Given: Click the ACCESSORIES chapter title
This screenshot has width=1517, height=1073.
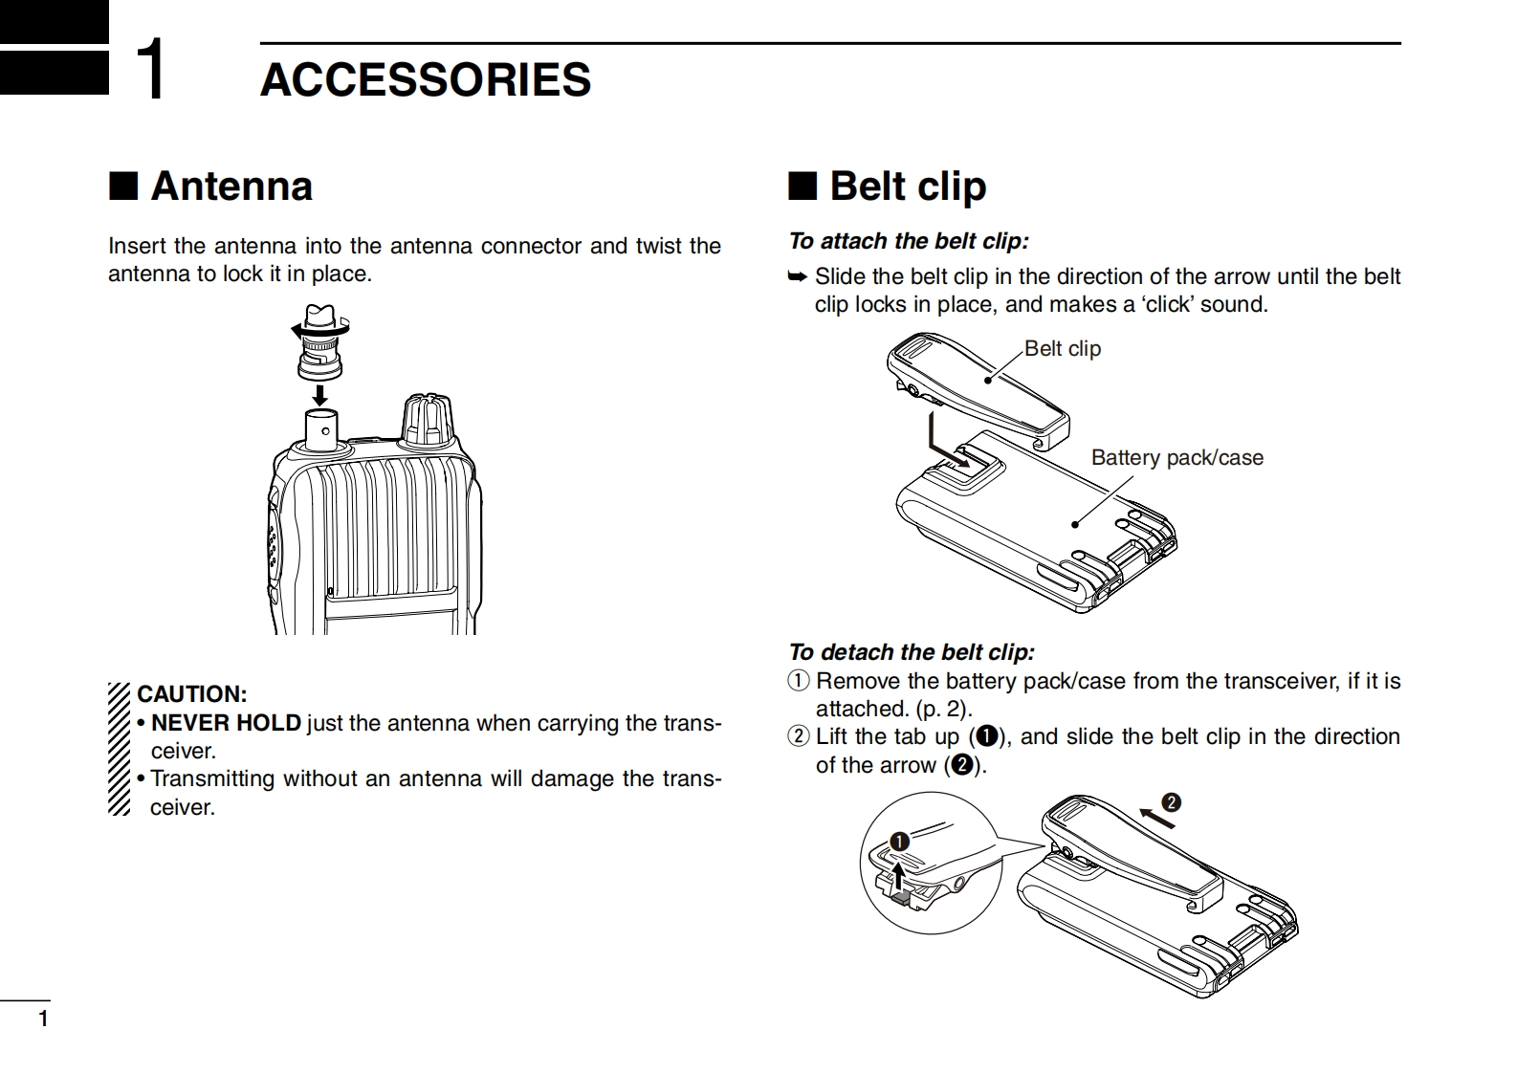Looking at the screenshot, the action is point(426,79).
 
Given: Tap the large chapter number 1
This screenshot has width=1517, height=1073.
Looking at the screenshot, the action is point(150,70).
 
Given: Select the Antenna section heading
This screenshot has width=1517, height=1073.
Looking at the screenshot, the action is point(231,186).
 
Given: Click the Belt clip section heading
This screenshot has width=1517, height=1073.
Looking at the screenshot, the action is point(907,186).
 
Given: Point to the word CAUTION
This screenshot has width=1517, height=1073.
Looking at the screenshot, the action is point(191,694).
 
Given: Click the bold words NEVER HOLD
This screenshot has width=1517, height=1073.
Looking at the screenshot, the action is point(226,723).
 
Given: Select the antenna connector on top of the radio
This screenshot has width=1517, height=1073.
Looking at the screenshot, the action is point(320,430).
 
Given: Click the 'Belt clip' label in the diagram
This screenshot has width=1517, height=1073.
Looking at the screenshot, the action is point(1062,348).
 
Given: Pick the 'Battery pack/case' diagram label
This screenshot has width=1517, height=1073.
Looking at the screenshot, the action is point(1176,457).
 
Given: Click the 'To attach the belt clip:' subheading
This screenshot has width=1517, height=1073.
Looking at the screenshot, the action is point(908,241).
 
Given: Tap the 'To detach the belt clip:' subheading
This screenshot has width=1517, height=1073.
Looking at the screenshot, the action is point(911,652).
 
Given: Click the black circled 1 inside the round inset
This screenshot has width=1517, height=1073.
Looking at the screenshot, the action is point(899,842).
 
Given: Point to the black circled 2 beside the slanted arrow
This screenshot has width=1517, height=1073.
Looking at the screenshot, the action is point(1171,801).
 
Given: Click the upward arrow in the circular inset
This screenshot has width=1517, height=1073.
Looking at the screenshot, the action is point(897,873).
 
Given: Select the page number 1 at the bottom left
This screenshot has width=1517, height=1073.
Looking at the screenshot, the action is point(42,1018).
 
